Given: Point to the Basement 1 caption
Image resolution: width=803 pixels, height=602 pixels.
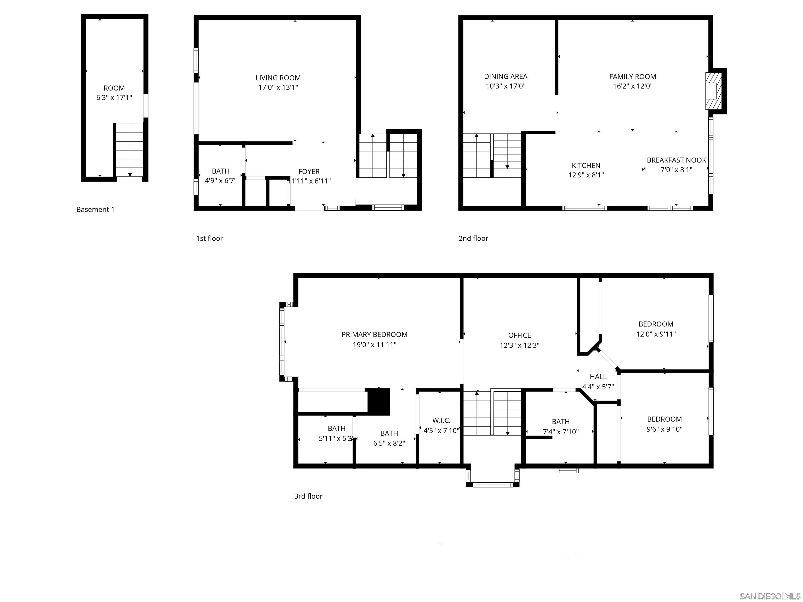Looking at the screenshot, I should (x=95, y=209).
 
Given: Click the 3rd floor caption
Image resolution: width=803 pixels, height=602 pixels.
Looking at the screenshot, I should (x=308, y=496).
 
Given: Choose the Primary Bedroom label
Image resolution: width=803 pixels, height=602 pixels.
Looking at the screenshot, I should (x=374, y=334).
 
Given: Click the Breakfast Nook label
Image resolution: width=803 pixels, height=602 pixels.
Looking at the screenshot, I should (x=676, y=160).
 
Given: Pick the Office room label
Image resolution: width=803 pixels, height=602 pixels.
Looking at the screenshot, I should (x=519, y=335).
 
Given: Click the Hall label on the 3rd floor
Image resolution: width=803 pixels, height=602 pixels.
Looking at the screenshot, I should (x=598, y=377).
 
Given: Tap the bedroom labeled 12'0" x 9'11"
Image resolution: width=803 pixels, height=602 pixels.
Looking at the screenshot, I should (x=656, y=329).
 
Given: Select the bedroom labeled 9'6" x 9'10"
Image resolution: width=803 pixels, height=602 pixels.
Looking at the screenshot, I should (x=664, y=424).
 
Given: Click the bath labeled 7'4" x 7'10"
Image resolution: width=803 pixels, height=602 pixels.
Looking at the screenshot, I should (x=560, y=426).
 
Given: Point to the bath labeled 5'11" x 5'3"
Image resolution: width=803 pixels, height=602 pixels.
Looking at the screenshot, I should (x=336, y=433).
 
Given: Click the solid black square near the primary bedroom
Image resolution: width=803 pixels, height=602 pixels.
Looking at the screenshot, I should (x=379, y=401).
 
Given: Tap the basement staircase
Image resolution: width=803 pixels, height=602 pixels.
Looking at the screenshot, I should (x=129, y=150).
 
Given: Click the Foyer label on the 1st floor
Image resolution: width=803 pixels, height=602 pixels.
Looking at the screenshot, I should (x=309, y=172).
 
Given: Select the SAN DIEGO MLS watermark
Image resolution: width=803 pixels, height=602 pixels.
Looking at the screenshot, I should (x=770, y=596).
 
